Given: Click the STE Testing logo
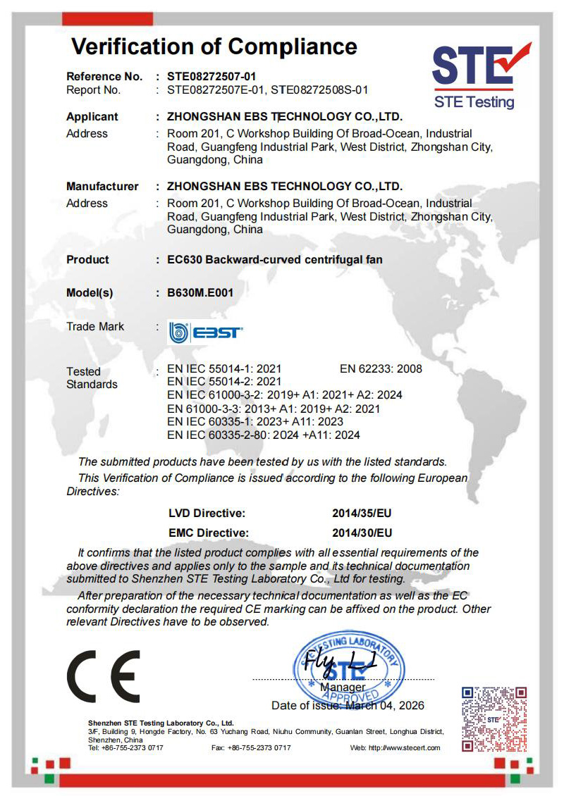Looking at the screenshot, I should pos(481,75).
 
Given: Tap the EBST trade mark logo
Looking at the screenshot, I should pos(205,331).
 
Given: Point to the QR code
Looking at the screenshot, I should pos(493,719).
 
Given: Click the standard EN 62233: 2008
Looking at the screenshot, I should pos(381,368).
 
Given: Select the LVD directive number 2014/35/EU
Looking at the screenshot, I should pos(362,514).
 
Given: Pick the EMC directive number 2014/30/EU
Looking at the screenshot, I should pos(362,533).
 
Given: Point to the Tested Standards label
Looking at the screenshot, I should pos(92,378).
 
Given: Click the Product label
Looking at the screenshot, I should pos(87,259).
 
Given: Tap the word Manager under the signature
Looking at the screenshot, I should pos(343,687).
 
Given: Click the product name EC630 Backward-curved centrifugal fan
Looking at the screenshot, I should pos(275,259).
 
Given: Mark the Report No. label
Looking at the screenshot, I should pos(93,89).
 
